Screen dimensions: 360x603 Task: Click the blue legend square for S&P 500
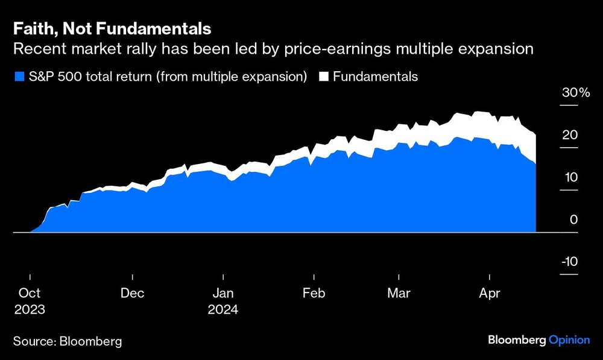(x=19, y=77)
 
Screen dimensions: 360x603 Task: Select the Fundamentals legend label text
(x=375, y=77)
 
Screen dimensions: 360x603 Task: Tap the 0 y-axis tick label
(x=574, y=219)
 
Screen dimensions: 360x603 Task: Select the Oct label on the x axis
(x=30, y=294)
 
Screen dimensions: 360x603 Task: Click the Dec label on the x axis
(x=132, y=294)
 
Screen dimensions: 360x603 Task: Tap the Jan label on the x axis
(x=223, y=294)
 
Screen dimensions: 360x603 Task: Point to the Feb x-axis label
(x=314, y=294)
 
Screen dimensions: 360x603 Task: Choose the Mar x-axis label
(x=399, y=294)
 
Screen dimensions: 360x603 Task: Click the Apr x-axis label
(x=488, y=294)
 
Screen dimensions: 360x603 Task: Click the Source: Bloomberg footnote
(x=68, y=341)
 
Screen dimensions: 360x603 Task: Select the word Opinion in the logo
(x=569, y=340)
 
